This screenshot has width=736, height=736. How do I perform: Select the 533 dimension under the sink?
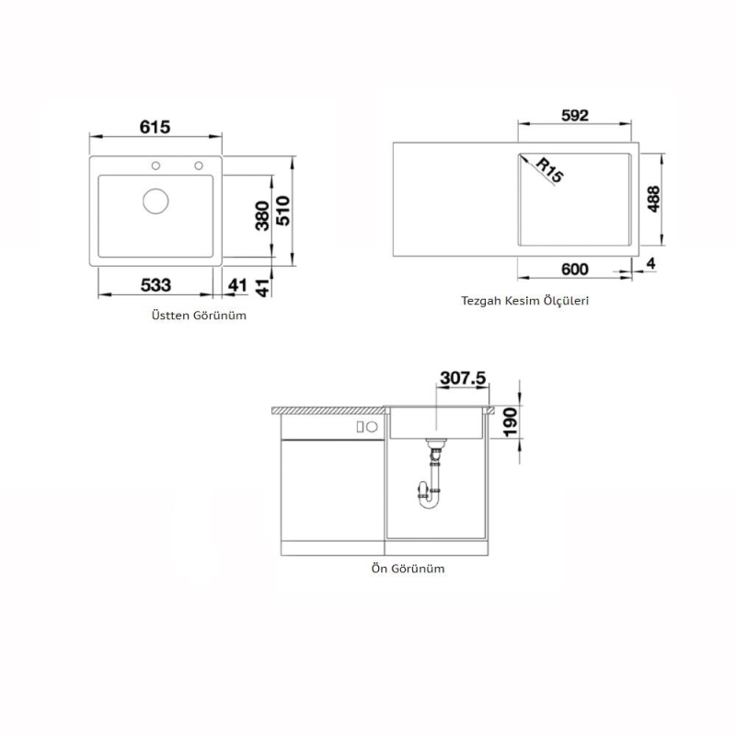coord(155,285)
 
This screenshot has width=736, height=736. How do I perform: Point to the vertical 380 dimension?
coord(261,214)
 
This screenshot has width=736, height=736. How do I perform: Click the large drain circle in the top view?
coord(155,200)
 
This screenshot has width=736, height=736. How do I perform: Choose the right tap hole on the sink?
coord(198,167)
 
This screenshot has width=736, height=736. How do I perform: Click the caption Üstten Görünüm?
coord(199,315)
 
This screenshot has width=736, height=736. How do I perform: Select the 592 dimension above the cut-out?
coord(574,115)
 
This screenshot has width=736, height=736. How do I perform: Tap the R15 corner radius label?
coord(548,170)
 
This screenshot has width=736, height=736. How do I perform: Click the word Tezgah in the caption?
coord(481,301)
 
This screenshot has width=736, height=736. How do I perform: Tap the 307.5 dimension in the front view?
coord(463,378)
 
